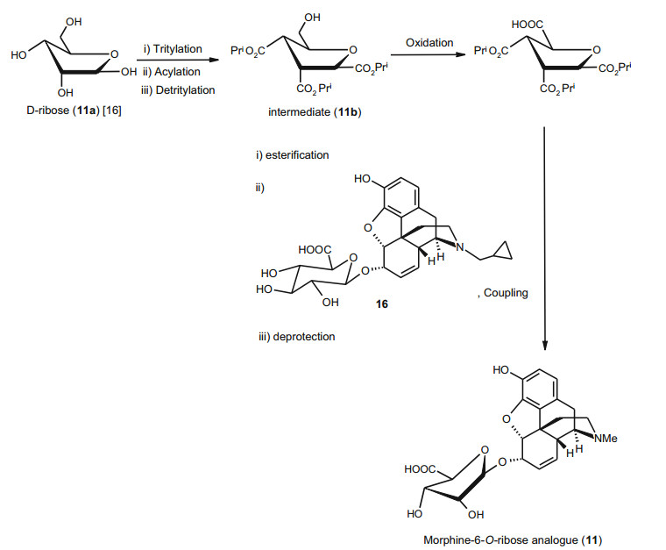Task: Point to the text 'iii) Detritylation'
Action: [x=175, y=89]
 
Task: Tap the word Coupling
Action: [x=506, y=293]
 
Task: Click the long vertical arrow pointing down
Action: [x=545, y=237]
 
